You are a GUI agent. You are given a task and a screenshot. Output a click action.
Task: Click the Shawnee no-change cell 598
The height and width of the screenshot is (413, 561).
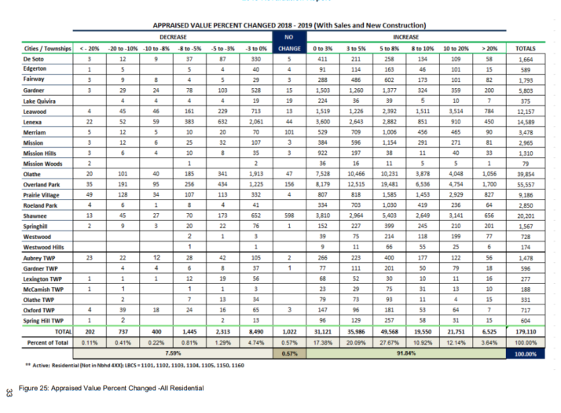click(289, 214)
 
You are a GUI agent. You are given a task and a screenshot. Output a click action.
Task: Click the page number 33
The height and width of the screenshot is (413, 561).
click(8, 391)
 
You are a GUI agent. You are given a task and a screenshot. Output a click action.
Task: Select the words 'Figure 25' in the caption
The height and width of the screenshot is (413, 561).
click(34, 388)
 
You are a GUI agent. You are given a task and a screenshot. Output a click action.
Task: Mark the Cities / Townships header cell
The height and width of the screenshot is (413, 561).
click(39, 48)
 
